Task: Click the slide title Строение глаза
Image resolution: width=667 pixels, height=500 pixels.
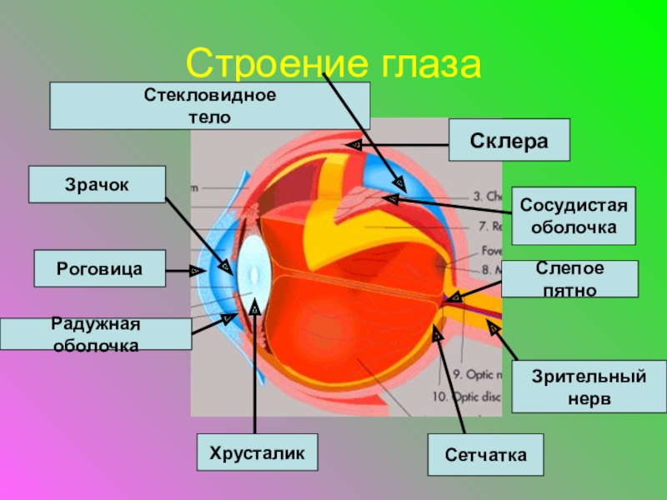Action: point(333,62)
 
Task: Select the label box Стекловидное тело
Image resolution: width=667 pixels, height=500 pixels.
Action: point(209,106)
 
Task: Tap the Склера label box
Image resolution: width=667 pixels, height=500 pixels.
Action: point(509,140)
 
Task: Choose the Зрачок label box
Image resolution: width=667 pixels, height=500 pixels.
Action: point(97,184)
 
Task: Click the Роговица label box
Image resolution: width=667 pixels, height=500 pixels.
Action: point(99,269)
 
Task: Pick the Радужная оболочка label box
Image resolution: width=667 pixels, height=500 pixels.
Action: point(96,333)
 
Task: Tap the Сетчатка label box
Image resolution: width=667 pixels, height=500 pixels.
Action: point(485,455)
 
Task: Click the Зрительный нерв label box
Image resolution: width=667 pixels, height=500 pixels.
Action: point(589,387)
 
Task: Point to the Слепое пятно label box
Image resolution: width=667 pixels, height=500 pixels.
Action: point(569,279)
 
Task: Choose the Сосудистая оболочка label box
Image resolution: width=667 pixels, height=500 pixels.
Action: point(573,215)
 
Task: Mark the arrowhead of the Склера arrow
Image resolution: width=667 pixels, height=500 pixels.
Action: point(355,145)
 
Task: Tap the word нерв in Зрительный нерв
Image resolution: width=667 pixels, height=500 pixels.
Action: point(589,398)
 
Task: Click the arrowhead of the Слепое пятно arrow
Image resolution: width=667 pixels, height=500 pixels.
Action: point(454,296)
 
